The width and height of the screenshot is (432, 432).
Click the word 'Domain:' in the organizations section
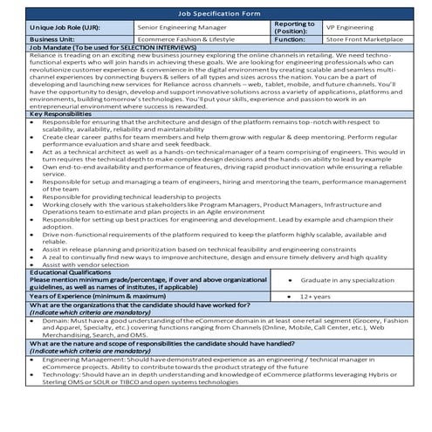coord(55,321)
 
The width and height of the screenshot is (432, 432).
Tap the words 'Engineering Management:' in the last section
coord(84,360)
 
